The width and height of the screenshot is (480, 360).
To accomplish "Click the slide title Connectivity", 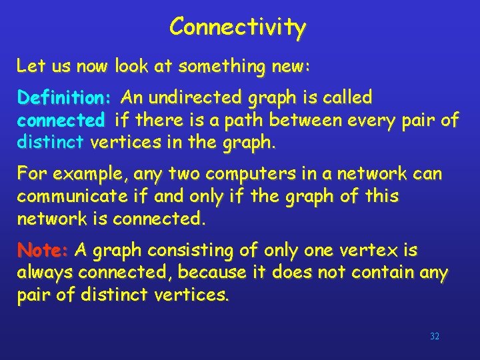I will [237, 27].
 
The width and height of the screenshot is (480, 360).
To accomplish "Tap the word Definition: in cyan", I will [65, 99].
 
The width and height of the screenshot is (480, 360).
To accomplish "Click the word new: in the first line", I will [292, 66].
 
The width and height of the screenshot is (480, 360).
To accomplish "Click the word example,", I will [91, 175].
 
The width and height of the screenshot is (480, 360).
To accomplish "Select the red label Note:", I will [43, 251].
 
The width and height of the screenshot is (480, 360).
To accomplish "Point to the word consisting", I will [180, 251].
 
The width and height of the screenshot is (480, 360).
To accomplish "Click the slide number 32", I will [435, 337].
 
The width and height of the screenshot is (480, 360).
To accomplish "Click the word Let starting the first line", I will [29, 66].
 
